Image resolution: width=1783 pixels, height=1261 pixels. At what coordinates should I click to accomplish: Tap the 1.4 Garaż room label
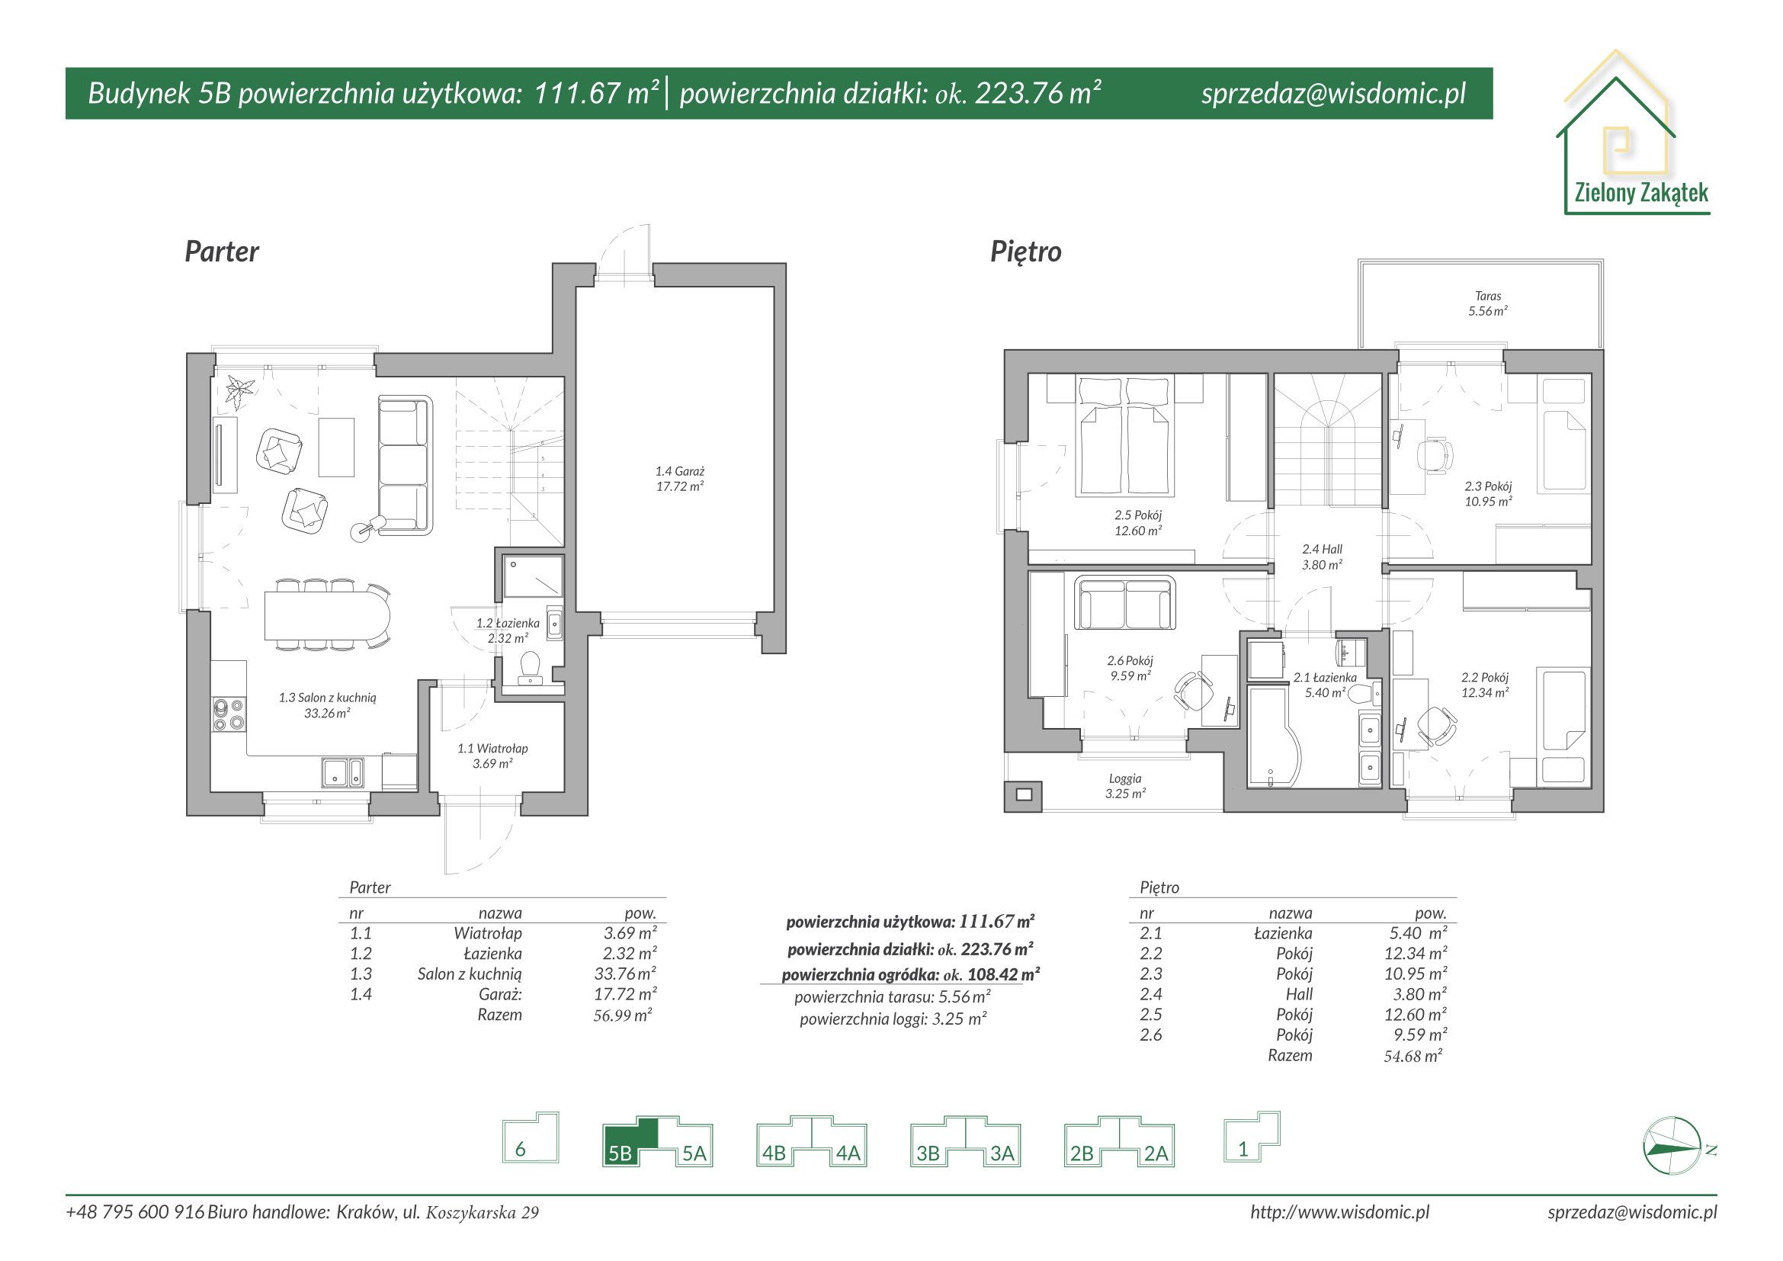click(x=679, y=479)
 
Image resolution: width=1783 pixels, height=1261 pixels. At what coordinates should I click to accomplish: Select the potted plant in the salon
click(x=239, y=390)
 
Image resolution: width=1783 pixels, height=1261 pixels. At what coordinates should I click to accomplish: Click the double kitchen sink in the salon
click(x=342, y=772)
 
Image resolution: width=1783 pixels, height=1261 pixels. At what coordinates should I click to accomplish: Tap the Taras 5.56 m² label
click(x=1488, y=303)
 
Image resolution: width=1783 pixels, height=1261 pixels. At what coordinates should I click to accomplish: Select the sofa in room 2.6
click(x=1125, y=602)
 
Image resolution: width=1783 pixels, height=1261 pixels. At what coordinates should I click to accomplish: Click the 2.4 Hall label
click(x=1322, y=557)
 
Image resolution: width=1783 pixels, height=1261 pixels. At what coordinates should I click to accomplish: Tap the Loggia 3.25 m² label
click(x=1125, y=786)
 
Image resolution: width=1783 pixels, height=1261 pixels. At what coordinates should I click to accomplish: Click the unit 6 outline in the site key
click(x=531, y=1137)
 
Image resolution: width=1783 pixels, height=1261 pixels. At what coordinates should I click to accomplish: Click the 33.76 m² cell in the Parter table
click(x=625, y=974)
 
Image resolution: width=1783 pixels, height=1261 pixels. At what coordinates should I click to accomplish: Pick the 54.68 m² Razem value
click(x=1413, y=1056)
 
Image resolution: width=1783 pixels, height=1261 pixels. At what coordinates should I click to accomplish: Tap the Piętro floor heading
click(x=1025, y=252)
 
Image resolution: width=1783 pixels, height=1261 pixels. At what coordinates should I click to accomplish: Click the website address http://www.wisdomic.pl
click(x=1339, y=1212)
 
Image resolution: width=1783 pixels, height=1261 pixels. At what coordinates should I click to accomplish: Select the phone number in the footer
click(x=135, y=1212)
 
